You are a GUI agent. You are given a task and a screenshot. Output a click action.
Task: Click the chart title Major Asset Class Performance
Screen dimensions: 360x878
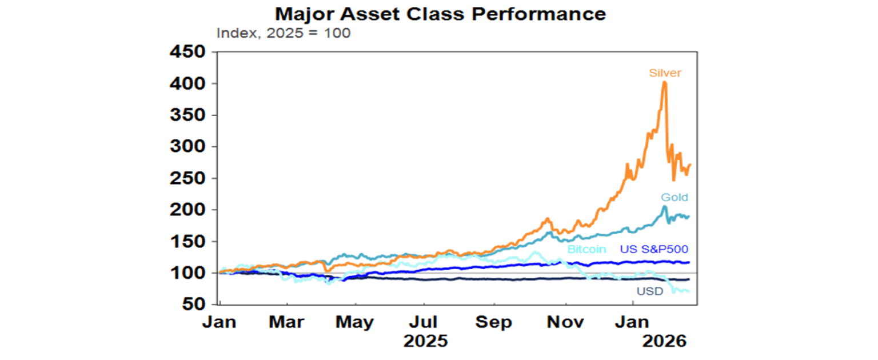point(440,13)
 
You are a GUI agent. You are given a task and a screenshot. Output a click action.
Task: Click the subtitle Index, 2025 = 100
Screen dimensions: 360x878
point(284,33)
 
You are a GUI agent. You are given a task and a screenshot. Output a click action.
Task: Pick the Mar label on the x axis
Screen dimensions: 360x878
point(286,322)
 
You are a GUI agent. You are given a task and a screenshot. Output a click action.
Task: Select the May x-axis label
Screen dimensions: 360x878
point(354,322)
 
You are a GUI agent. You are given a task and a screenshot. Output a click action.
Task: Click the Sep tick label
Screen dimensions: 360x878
point(494,322)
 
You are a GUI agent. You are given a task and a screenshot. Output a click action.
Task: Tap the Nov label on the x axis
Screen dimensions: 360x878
point(565,322)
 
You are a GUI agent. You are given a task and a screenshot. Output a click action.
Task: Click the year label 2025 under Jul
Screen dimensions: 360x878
point(425,342)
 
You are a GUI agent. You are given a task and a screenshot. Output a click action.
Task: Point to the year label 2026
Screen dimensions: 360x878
point(663,342)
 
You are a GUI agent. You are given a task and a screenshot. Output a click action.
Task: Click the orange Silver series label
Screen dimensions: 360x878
point(665,73)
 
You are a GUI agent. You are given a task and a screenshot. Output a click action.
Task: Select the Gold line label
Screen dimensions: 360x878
point(675,198)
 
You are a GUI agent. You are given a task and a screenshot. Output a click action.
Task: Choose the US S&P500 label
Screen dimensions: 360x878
point(654,249)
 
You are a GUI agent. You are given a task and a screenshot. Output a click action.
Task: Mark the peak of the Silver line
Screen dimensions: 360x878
point(664,82)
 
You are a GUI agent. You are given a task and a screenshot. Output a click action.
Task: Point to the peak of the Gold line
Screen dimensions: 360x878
point(664,207)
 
